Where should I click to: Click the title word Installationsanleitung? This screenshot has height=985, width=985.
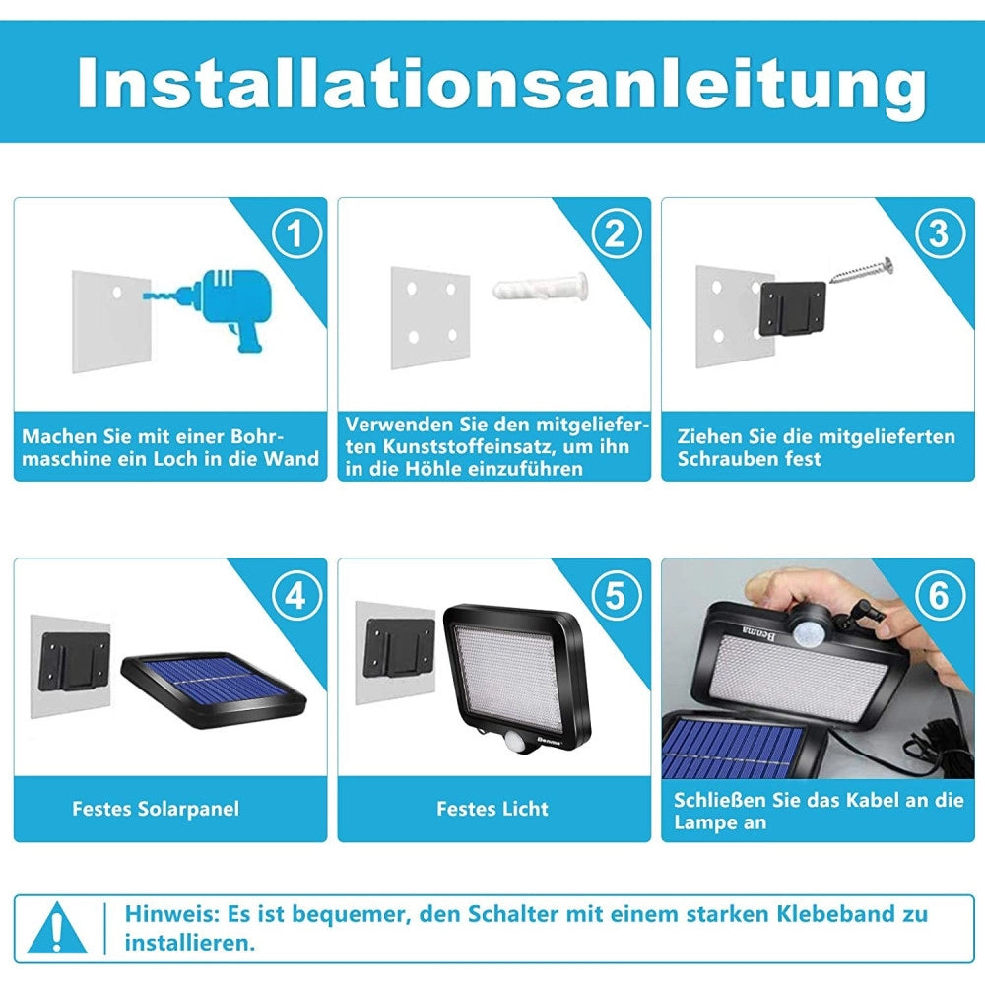[x=501, y=84]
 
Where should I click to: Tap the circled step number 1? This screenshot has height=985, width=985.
[x=296, y=233]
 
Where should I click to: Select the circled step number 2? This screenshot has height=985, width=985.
[x=616, y=233]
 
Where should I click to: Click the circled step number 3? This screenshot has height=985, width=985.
[x=939, y=233]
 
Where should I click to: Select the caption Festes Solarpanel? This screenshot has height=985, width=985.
[x=156, y=809]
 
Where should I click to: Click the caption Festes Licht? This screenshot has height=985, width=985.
[x=492, y=809]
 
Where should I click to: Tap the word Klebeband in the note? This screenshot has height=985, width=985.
[x=808, y=913]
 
